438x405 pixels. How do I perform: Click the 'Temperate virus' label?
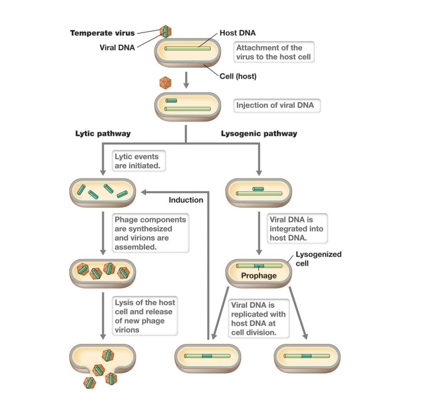[x=102, y=33]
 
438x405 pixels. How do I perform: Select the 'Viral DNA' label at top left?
[x=117, y=47]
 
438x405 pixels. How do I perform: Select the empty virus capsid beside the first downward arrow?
[x=166, y=83]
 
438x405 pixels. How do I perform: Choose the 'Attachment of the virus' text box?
[x=274, y=53]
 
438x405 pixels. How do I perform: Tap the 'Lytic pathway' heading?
[x=103, y=134]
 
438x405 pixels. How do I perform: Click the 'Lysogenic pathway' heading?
[x=259, y=134]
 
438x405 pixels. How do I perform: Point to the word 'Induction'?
[x=186, y=200]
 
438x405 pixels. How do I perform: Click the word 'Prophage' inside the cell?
[x=258, y=275]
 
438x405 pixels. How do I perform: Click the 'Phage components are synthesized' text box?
[x=149, y=233]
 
